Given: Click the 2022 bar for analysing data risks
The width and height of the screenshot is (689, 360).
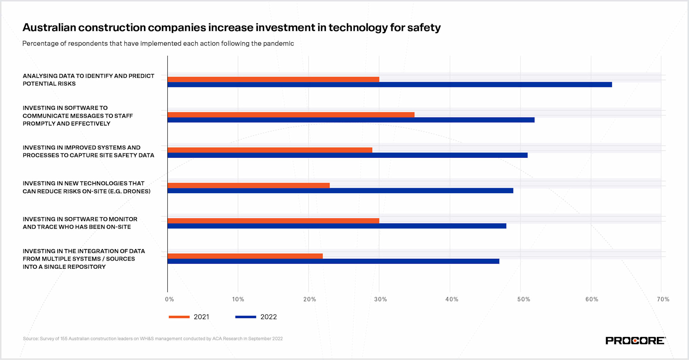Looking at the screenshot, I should [389, 85].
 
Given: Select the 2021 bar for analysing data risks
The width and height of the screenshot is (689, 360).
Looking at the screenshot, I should [273, 79].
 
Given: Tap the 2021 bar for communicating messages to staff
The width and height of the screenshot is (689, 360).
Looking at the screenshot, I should [291, 115].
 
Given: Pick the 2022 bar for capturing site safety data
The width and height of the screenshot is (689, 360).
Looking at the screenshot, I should [347, 155].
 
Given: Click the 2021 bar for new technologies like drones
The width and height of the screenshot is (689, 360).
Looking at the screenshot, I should [248, 185].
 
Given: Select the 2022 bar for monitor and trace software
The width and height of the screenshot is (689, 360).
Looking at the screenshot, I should [337, 226].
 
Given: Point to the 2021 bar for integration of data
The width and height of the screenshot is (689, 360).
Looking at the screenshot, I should [245, 256].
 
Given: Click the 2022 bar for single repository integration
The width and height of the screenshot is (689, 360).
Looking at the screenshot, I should [333, 261].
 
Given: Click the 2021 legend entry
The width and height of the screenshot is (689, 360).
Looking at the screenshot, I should [189, 317].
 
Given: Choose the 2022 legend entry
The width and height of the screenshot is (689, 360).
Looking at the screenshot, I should [256, 317].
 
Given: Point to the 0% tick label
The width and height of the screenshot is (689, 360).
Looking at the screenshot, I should [170, 299].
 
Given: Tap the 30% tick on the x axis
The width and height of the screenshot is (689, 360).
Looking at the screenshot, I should [380, 299].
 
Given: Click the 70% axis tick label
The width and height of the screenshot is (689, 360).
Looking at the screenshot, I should [663, 299].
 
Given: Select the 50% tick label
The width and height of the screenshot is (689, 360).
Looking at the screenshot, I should [523, 299].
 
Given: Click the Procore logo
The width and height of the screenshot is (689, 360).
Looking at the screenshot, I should [635, 340].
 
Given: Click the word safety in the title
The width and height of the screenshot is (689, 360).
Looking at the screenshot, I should [424, 28].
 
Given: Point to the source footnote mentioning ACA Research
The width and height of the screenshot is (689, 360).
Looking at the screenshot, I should [153, 339].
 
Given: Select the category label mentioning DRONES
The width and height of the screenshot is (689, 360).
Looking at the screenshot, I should [87, 187].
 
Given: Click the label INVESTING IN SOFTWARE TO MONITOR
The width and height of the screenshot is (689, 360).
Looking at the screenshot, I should [80, 219].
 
